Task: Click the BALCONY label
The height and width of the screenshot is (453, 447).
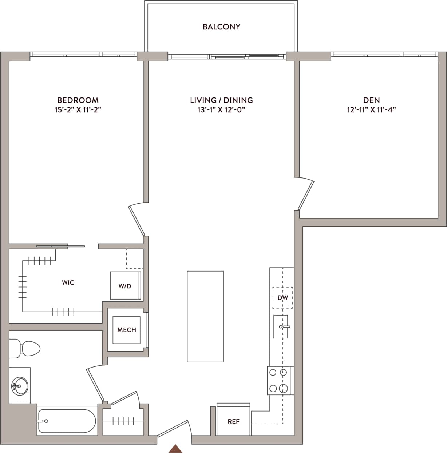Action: coord(221,27)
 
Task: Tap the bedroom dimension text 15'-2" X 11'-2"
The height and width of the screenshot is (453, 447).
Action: coord(78,110)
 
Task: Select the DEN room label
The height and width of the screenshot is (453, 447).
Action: coord(371,100)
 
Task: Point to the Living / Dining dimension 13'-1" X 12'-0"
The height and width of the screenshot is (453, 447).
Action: coord(221,110)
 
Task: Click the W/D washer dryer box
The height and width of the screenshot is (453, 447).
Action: coord(125,286)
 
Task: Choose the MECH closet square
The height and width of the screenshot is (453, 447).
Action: coord(127,330)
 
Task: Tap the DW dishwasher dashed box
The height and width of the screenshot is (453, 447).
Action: coord(282,298)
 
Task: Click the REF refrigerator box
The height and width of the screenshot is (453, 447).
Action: coord(233,421)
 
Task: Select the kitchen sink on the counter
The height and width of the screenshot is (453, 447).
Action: coord(281,326)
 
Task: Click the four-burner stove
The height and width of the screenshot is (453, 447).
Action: coord(279,380)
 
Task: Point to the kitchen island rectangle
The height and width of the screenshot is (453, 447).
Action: coord(205,316)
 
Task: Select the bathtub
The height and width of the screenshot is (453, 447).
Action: coord(66,421)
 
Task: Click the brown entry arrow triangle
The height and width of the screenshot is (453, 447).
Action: coord(176,449)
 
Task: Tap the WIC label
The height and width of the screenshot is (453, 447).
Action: coord(68,282)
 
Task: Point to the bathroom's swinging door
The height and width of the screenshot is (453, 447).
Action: coord(94,385)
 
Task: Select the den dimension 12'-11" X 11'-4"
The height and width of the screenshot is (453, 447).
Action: coord(371,110)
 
